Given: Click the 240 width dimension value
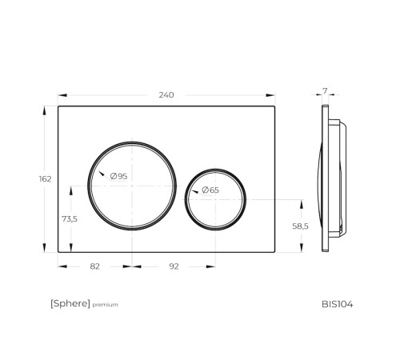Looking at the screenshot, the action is click(x=166, y=95).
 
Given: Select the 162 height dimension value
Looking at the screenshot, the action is click(x=45, y=179).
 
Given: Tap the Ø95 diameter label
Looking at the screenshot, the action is click(x=119, y=176).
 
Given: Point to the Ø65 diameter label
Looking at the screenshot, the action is click(x=210, y=190).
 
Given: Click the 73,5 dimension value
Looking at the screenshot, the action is click(x=70, y=219).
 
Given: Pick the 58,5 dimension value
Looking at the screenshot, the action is click(x=300, y=226).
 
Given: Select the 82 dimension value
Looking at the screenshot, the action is click(x=95, y=266).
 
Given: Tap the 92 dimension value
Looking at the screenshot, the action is click(x=174, y=266).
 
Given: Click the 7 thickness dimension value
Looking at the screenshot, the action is click(x=325, y=91).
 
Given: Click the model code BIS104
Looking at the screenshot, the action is click(x=338, y=304).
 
